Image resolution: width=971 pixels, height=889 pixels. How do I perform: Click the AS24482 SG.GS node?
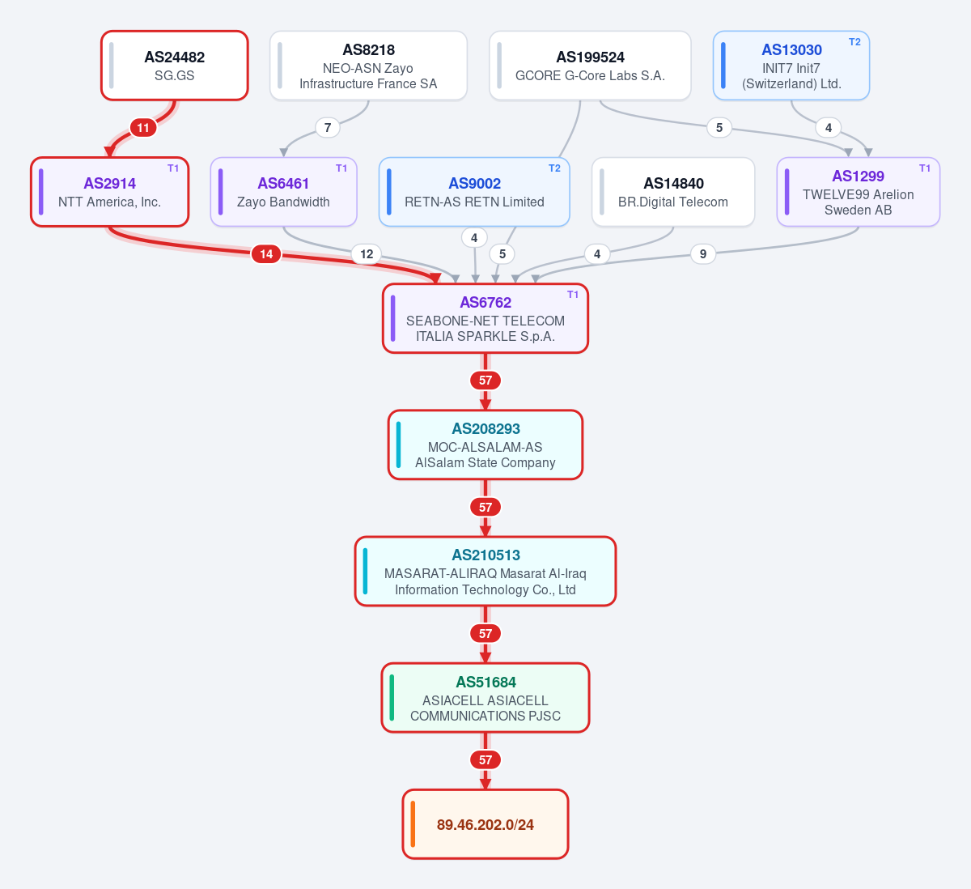pyautogui.click(x=175, y=66)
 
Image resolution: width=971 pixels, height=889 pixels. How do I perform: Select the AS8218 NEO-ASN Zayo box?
pyautogui.click(x=368, y=66)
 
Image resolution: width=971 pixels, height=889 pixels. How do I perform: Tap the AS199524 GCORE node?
pyautogui.click(x=590, y=66)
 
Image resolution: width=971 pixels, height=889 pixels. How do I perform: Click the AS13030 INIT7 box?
pyautogui.click(x=791, y=66)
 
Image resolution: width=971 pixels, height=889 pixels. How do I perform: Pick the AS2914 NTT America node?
pyautogui.click(x=110, y=192)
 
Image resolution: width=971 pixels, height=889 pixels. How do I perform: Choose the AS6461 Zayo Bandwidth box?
pyautogui.click(x=284, y=192)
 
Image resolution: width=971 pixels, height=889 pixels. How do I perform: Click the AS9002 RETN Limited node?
pyautogui.click(x=474, y=192)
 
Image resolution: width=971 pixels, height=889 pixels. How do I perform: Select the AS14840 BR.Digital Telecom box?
pyautogui.click(x=673, y=192)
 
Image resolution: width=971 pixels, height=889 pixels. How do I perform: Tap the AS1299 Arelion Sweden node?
pyautogui.click(x=859, y=192)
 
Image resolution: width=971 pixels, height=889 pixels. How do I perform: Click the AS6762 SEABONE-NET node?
pyautogui.click(x=485, y=318)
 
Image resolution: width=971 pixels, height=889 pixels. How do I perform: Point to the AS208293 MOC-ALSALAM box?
pyautogui.click(x=485, y=444)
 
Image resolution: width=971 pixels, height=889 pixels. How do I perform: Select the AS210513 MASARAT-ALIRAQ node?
pyautogui.click(x=485, y=571)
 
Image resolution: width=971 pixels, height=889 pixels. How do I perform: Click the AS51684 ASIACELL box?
pyautogui.click(x=485, y=698)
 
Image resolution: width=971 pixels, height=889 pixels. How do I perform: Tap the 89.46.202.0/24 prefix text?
pyautogui.click(x=485, y=824)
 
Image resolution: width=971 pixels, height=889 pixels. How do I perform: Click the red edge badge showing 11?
pyautogui.click(x=142, y=128)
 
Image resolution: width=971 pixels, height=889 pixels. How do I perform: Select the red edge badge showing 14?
pyautogui.click(x=266, y=254)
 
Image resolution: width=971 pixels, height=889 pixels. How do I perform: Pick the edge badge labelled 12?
pyautogui.click(x=367, y=254)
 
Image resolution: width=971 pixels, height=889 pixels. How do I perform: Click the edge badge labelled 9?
pyautogui.click(x=703, y=254)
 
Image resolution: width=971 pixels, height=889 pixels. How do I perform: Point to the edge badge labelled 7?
pyautogui.click(x=328, y=127)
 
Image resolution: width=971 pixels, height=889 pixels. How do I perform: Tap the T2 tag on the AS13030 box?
pyautogui.click(x=854, y=42)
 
